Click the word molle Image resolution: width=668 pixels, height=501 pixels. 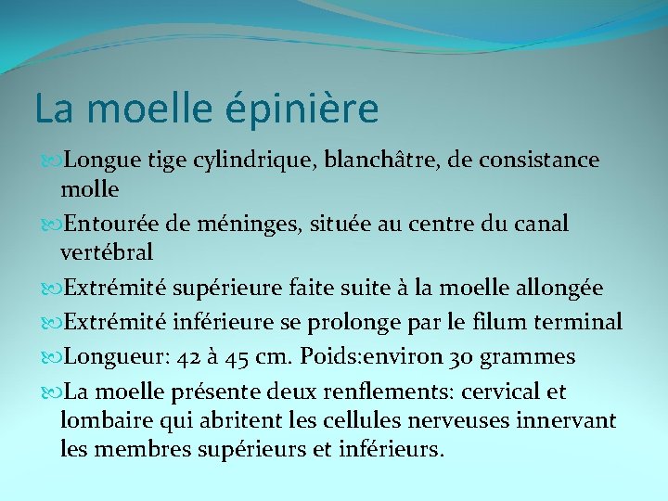[x=89, y=189]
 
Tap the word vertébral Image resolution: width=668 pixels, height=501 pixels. [x=106, y=252]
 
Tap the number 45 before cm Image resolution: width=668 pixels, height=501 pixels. [x=240, y=357]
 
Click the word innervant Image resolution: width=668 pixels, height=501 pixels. [x=569, y=421]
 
